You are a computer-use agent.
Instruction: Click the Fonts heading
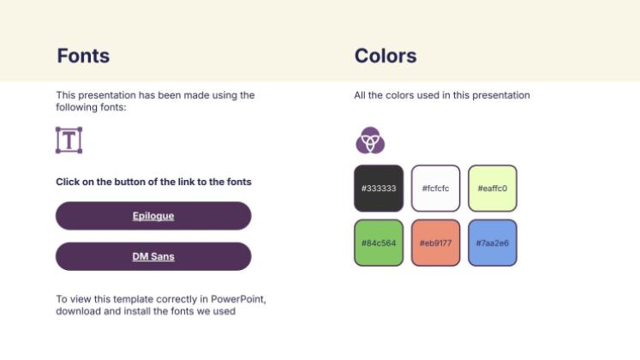click(x=83, y=56)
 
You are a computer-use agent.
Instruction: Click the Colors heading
click(x=386, y=56)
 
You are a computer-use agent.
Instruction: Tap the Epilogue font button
click(x=153, y=215)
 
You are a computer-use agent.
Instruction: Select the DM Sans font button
click(x=153, y=256)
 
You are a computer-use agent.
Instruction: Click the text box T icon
click(x=69, y=140)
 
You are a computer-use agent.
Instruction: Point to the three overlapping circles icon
click(x=370, y=140)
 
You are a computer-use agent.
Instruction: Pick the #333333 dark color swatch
click(x=379, y=189)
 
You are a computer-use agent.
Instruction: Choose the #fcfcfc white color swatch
click(x=435, y=189)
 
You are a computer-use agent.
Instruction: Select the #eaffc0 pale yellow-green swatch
click(x=493, y=189)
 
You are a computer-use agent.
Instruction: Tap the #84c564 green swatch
click(x=379, y=243)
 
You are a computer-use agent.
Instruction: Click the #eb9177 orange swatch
click(x=435, y=243)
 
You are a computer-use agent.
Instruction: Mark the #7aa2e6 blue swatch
click(x=493, y=243)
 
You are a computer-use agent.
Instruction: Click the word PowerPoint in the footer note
click(x=238, y=299)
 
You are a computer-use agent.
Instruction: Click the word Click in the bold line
click(x=68, y=182)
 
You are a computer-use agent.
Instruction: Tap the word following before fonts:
click(x=75, y=107)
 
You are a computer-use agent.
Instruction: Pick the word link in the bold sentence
click(x=186, y=182)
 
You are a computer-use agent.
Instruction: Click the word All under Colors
click(x=360, y=95)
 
